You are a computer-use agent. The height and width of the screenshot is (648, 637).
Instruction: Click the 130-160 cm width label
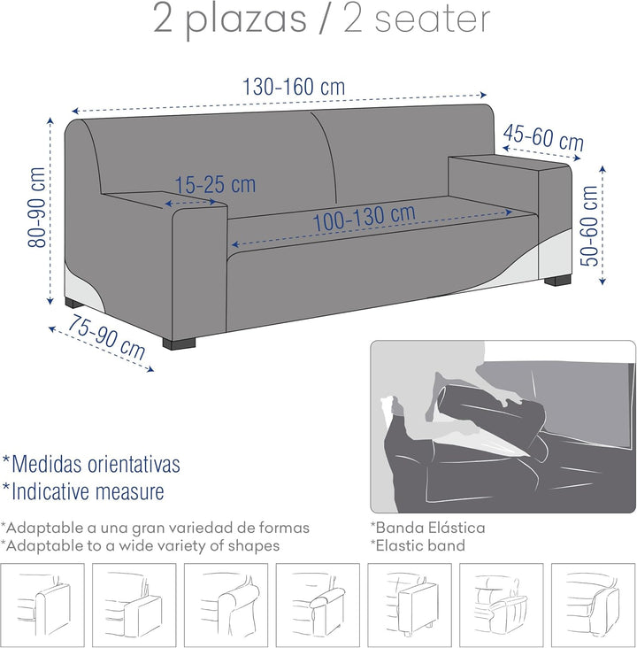293,88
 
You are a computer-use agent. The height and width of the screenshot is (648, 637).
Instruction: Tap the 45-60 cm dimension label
543,138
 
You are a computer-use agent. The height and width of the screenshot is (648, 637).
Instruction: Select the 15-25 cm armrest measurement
215,185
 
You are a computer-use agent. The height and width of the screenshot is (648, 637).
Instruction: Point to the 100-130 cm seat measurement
363,218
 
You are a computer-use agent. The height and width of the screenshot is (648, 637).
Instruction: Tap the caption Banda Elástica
427,528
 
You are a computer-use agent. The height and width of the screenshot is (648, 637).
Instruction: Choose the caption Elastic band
418,545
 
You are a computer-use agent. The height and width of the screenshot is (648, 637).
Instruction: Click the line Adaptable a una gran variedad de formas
155,528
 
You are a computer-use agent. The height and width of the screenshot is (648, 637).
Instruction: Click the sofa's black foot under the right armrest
556,282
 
